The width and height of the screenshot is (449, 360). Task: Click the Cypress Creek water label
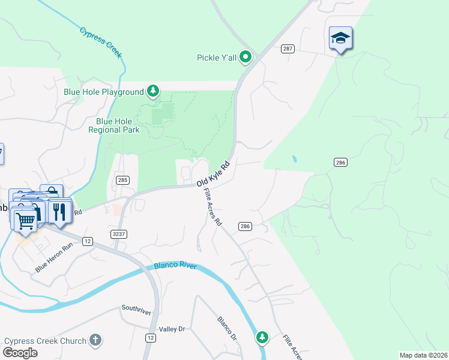pos(101,42)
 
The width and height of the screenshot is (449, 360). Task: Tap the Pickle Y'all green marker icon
pos(246,58)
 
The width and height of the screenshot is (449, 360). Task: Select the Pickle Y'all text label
pos(217,58)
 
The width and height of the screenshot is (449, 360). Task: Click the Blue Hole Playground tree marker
pos(154,92)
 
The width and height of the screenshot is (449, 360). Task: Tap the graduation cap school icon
pos(340,38)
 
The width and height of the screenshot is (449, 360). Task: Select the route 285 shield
pos(122,179)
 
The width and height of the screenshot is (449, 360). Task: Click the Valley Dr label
pos(172,329)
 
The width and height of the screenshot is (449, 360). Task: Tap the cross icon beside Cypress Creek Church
pos(94,341)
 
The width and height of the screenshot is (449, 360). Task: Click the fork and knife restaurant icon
pos(59,211)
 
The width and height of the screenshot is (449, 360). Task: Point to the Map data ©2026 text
pos(423,355)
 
